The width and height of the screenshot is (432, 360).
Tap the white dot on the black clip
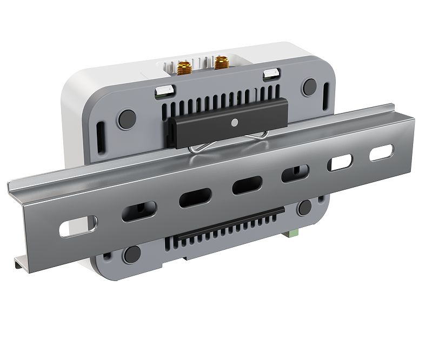(234, 122)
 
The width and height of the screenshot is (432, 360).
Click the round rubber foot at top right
(309, 86)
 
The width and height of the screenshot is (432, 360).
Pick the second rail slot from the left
(139, 211)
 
